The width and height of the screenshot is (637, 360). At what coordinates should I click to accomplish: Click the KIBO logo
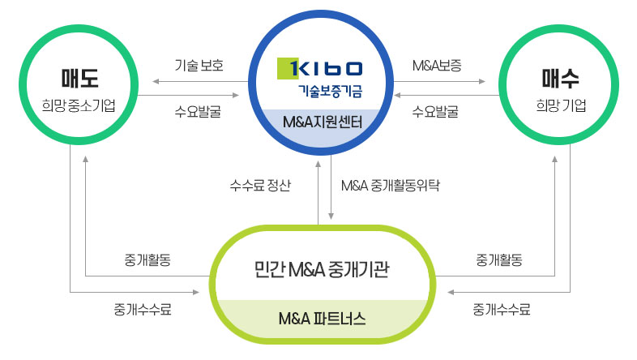click(321, 68)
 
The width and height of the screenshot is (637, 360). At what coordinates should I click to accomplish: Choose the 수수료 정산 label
click(260, 184)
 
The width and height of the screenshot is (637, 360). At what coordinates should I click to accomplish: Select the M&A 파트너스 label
click(322, 318)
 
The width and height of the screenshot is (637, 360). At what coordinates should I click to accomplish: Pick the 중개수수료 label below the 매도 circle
click(143, 308)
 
